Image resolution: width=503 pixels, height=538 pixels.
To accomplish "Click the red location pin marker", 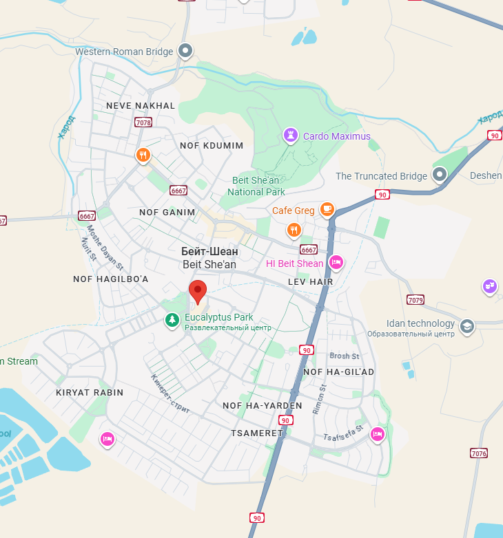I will point(198,292).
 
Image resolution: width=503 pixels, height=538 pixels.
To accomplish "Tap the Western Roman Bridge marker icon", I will point(185,50).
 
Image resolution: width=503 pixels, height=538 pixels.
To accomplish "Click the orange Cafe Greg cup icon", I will point(327,208).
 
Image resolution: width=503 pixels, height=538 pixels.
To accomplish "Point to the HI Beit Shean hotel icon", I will point(336,262).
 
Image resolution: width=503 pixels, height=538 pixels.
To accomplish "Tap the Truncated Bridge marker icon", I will point(440,175).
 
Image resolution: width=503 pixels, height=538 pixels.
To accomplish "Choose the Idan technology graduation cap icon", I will point(467,326).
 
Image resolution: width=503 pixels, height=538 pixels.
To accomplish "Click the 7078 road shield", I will point(143,122).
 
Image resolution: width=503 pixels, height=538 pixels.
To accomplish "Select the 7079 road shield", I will point(415,300).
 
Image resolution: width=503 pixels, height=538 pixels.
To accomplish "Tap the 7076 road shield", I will point(479,453).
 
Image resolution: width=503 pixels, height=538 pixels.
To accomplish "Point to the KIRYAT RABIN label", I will point(90,392).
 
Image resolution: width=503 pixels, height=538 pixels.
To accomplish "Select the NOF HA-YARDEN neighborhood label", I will point(263,405).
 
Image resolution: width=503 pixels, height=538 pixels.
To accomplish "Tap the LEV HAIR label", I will point(310,281).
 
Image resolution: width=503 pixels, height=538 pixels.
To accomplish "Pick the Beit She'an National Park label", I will point(257,186).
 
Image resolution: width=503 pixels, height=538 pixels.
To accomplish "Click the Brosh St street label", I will point(345,356).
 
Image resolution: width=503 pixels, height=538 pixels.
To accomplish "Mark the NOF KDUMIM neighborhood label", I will point(212,146).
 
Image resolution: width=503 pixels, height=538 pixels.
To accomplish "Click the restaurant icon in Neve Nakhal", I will point(143,155).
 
